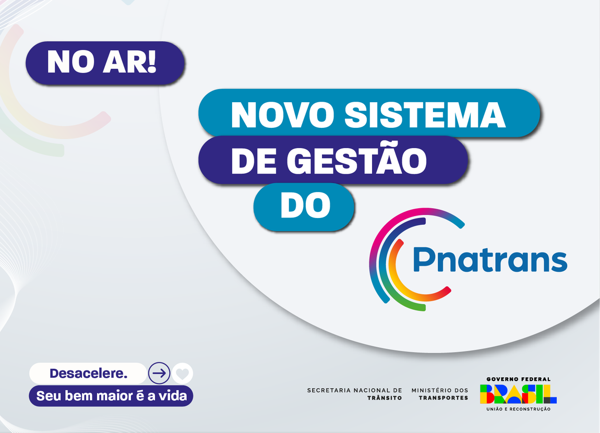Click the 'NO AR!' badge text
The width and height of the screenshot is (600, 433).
point(101,62)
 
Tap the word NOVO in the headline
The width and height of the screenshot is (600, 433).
point(282,115)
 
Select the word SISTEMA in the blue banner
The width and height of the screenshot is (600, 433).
point(425,115)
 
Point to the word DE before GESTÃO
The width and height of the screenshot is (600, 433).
point(254,161)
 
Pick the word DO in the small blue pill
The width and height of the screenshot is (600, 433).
point(305,206)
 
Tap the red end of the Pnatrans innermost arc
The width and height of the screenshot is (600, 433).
point(447,291)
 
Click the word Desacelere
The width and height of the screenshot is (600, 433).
point(88,374)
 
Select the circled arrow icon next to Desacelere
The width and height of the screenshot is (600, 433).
point(159,373)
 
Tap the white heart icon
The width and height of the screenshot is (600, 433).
point(183,374)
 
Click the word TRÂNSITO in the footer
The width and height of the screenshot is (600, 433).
point(385,398)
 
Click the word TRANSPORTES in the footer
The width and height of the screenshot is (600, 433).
point(443,398)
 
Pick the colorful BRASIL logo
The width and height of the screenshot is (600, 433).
point(518,394)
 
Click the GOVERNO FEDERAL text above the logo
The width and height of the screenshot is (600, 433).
point(519,379)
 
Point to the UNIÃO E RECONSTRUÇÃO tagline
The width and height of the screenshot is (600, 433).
point(519,409)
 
